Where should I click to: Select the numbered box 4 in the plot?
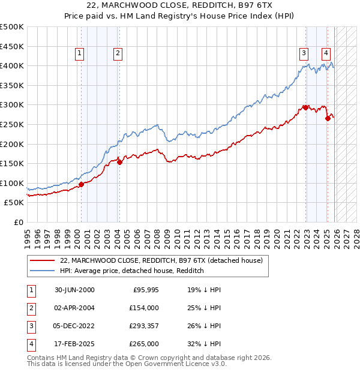click(326, 52)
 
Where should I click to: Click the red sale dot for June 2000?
click(81, 184)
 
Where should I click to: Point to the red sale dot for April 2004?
click(119, 161)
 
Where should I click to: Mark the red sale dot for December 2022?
click(305, 107)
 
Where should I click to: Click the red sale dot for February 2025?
click(328, 118)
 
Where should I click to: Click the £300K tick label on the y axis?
click(12, 105)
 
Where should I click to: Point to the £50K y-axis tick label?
click(14, 203)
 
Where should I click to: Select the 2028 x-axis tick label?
click(356, 235)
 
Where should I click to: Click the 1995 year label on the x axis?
click(28, 235)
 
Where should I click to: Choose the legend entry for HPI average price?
click(132, 271)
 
